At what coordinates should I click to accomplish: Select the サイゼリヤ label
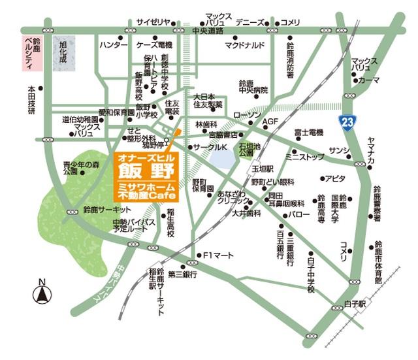pyautogui.click(x=153, y=22)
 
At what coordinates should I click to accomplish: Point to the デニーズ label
pyautogui.click(x=251, y=22)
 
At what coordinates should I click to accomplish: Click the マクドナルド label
pyautogui.click(x=245, y=45)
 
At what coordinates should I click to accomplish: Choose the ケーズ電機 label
pyautogui.click(x=154, y=45)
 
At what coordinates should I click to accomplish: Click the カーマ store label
pyautogui.click(x=369, y=80)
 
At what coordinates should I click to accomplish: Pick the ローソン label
pyautogui.click(x=246, y=116)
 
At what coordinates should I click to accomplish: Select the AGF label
pyautogui.click(x=270, y=122)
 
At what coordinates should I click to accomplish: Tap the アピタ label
pyautogui.click(x=335, y=178)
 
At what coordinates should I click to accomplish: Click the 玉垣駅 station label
pyautogui.click(x=263, y=168)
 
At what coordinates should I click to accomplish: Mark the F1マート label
pyautogui.click(x=218, y=255)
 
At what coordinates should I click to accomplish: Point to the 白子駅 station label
pyautogui.click(x=358, y=304)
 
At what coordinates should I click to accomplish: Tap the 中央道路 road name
pyautogui.click(x=208, y=31)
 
